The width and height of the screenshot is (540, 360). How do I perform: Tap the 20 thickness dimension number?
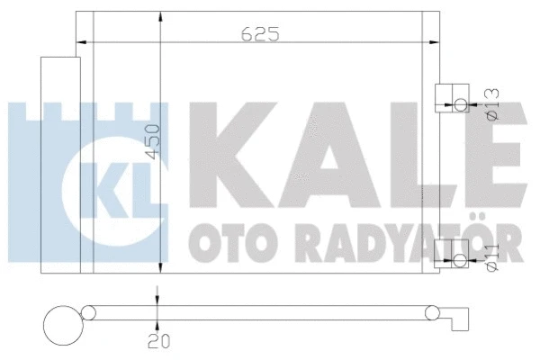click(x=158, y=339)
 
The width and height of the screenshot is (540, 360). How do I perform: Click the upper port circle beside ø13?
click(x=461, y=105)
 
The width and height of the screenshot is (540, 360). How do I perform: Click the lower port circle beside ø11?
click(x=461, y=261)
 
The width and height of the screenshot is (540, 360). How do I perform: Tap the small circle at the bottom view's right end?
click(x=434, y=313)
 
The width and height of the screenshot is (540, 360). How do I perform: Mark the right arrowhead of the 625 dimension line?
click(x=436, y=41)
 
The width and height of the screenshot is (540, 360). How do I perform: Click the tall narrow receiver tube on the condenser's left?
click(x=56, y=162)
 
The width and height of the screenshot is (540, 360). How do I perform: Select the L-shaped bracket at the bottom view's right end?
click(x=461, y=316)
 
